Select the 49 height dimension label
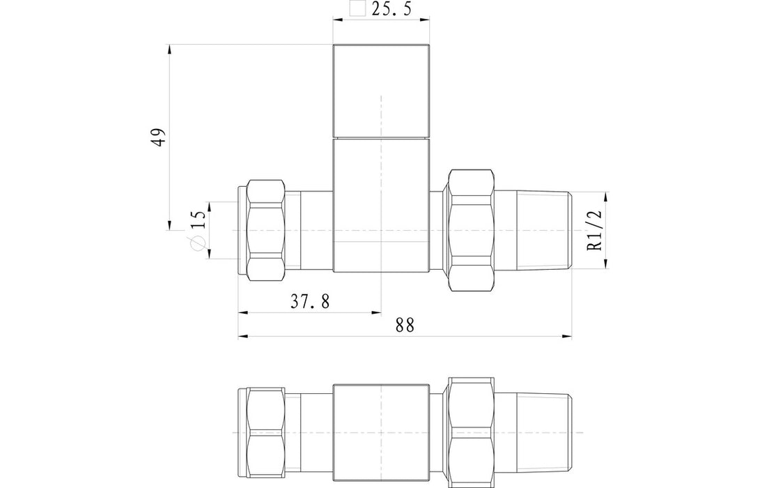click(x=160, y=137)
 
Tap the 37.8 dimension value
click(x=310, y=302)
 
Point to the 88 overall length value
click(x=405, y=326)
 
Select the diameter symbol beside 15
click(x=198, y=243)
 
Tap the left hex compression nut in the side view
click(x=265, y=229)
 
